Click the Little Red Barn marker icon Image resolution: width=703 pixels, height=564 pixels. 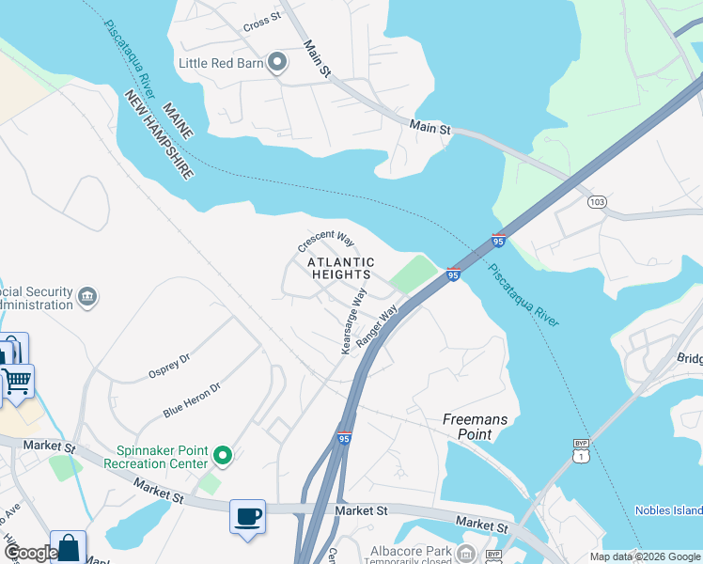(276, 63)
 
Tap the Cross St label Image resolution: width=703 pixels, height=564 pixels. (261, 20)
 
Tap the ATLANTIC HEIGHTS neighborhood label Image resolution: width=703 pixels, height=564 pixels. (342, 268)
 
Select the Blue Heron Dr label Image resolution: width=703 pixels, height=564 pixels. (191, 399)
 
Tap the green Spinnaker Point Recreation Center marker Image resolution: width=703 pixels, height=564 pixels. (223, 456)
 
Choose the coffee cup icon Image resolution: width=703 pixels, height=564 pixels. (247, 516)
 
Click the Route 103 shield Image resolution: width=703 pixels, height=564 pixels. (596, 201)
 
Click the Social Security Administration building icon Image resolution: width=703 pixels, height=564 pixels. (87, 297)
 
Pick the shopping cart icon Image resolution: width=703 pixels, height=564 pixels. (16, 382)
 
